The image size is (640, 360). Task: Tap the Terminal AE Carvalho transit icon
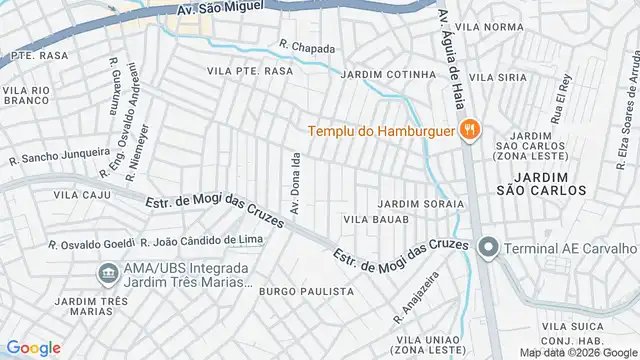[x=488, y=247]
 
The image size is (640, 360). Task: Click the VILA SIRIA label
[x=497, y=77]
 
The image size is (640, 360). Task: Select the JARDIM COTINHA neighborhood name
[x=389, y=75]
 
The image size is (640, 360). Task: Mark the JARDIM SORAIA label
[x=421, y=204]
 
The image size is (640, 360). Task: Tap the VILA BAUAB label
[x=376, y=219]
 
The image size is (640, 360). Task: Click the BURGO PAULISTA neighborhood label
[x=306, y=291]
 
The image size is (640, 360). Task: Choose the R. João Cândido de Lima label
[x=202, y=241]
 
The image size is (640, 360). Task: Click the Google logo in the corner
[x=33, y=348]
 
